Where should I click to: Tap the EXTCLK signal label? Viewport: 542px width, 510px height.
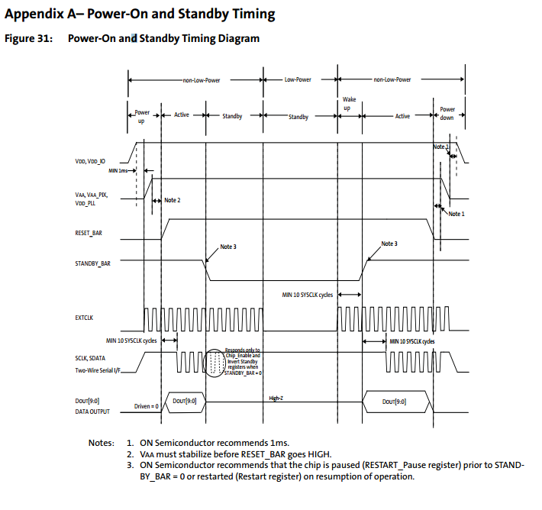coord(84,318)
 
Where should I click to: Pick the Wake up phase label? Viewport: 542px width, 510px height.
coord(350,104)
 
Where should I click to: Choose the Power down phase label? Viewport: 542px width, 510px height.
coord(447,114)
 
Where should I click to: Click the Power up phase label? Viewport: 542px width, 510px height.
coord(142,116)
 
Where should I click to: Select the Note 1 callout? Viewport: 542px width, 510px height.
coord(456,214)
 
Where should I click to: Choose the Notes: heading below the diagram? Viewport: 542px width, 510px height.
coord(102,443)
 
